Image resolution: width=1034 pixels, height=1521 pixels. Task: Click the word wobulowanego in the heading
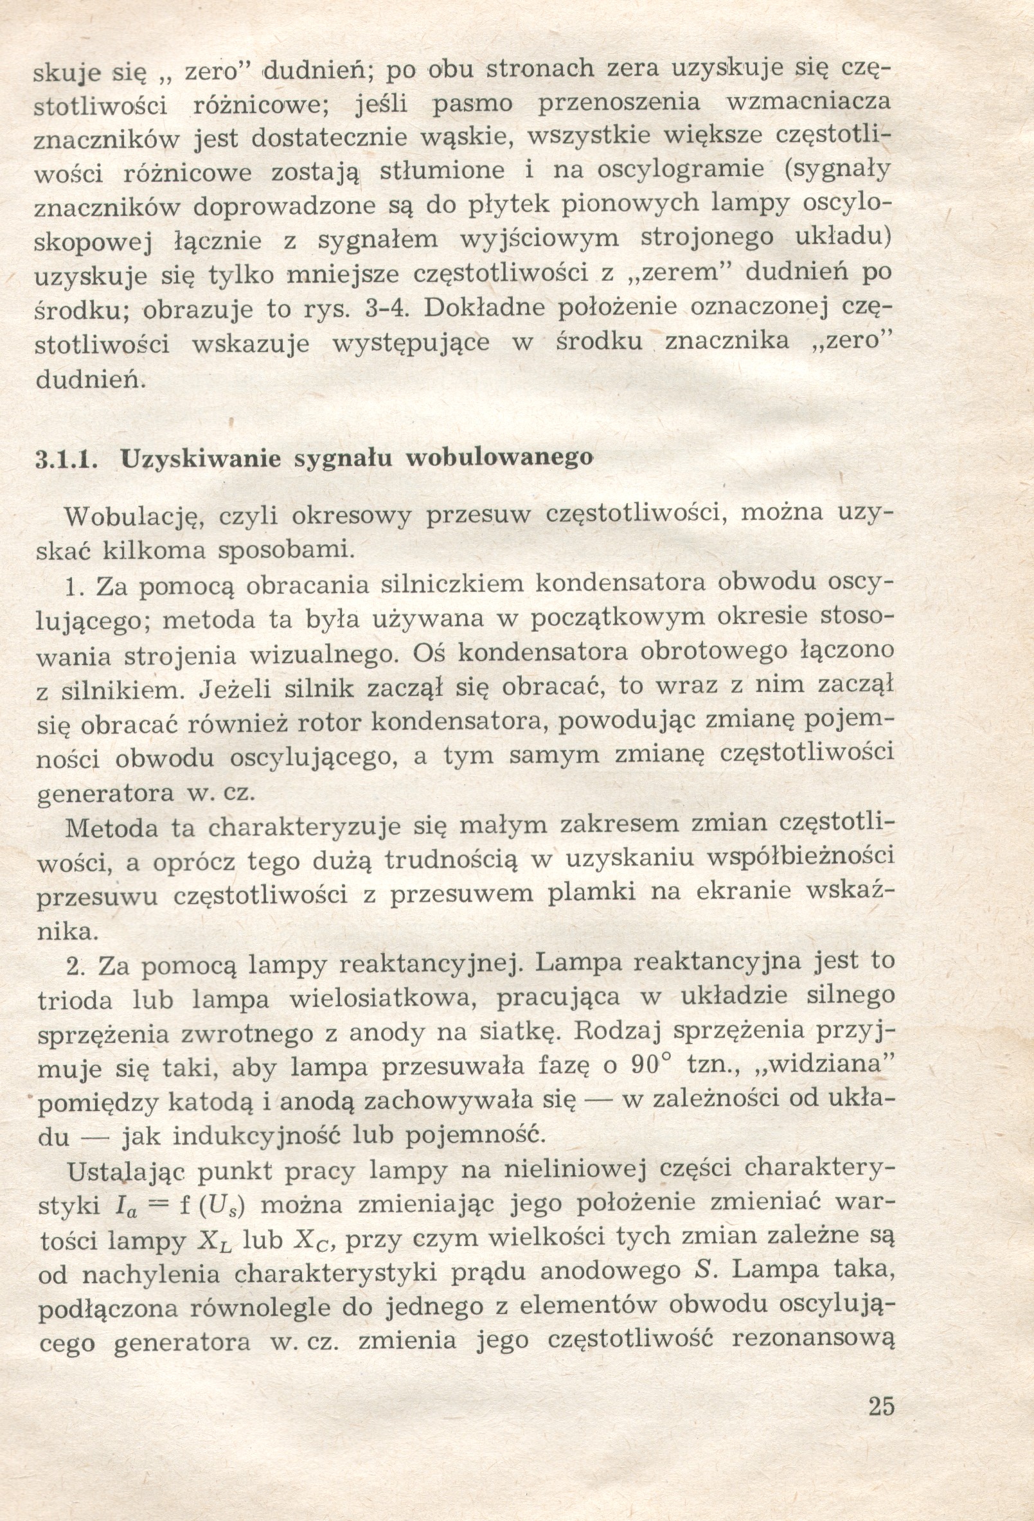point(499,458)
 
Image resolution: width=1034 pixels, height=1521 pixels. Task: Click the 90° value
point(650,1064)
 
